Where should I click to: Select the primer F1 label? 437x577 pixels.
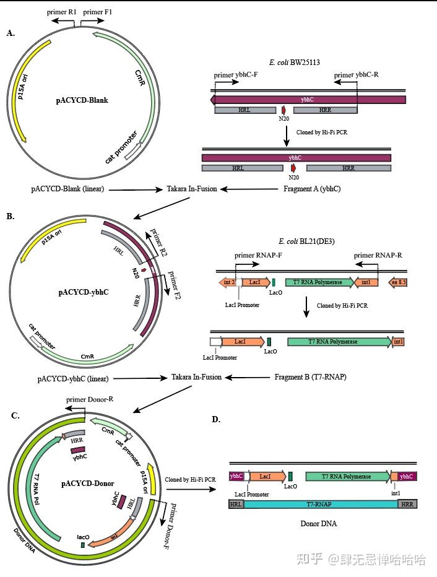coord(97,12)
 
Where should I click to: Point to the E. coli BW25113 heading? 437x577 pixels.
coord(294,63)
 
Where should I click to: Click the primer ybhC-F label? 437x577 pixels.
coord(235,75)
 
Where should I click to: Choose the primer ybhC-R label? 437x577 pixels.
coord(356,75)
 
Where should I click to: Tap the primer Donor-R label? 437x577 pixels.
coord(89,399)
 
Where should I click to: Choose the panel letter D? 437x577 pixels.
coord(215,419)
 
